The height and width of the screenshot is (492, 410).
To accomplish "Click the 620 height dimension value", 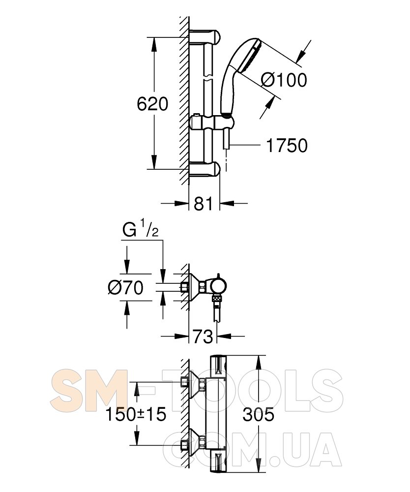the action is click(152, 104).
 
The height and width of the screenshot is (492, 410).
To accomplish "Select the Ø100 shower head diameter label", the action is click(284, 80).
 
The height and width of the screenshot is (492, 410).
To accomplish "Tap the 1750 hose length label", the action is click(287, 146).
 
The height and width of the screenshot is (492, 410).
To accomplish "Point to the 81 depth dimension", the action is click(203, 204).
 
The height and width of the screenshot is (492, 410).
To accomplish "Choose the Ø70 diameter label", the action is click(126, 287).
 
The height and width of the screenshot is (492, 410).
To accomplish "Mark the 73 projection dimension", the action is click(203, 337).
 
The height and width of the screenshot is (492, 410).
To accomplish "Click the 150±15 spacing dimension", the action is click(136, 414).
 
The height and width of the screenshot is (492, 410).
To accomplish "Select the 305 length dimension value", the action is click(258, 414).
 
